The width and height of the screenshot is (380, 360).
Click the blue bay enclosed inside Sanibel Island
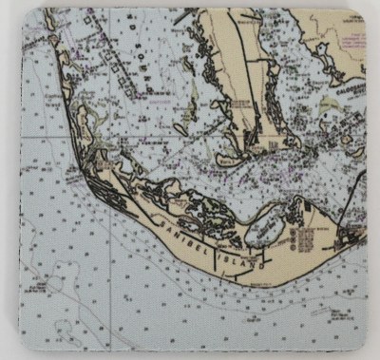point(265,227)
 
